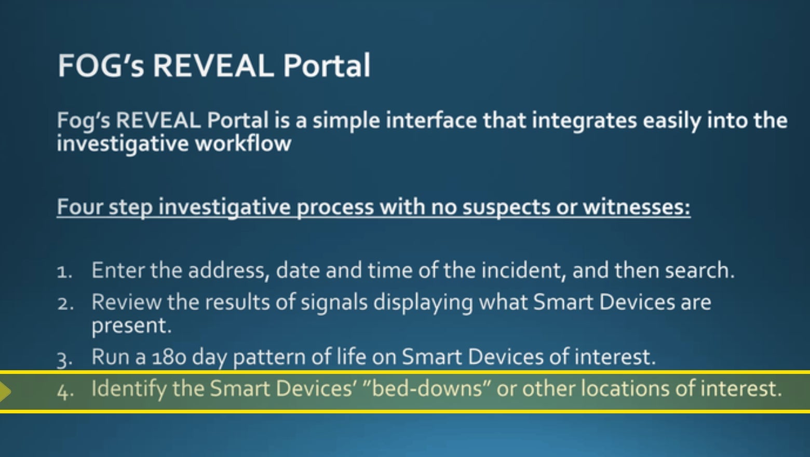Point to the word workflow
pos(243,143)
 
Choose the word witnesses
pos(636,207)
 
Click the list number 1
pos(64,272)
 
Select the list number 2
pos(64,303)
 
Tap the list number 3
pos(64,358)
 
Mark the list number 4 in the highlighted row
pos(64,391)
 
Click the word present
pos(131,326)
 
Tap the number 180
pos(169,357)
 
